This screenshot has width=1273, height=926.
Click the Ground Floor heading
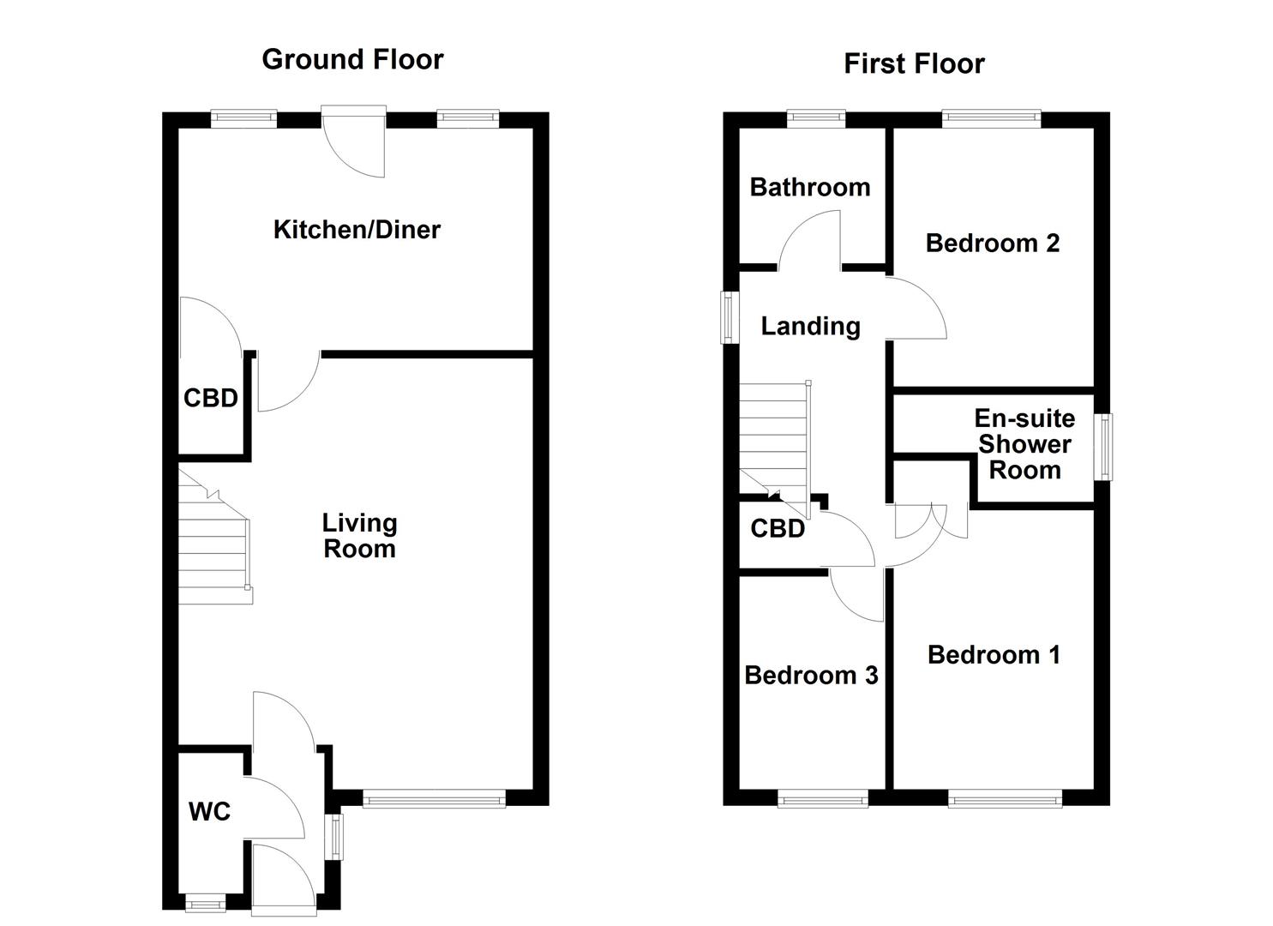[x=352, y=59]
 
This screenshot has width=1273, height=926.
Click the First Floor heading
[x=914, y=63]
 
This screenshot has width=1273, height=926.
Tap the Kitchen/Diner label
[x=357, y=230]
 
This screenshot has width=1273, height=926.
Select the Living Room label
[x=359, y=536]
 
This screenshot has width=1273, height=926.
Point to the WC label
[x=209, y=811]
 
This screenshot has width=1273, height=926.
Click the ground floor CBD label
[x=210, y=398]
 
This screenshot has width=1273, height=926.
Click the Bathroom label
[x=809, y=187]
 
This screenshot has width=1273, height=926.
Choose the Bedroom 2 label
[x=992, y=244]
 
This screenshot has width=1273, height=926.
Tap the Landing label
[x=810, y=326]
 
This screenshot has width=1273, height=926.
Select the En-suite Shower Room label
[x=1024, y=444]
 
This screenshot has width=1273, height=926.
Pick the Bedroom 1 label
[x=994, y=655]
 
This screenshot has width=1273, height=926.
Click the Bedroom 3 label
[x=811, y=676]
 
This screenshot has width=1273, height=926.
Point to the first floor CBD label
[x=778, y=528]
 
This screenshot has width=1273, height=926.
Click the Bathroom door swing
[x=810, y=240]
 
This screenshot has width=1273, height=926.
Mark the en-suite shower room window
[x=1106, y=447]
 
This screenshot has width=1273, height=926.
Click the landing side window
[x=730, y=317]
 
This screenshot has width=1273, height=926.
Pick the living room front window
[x=434, y=800]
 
